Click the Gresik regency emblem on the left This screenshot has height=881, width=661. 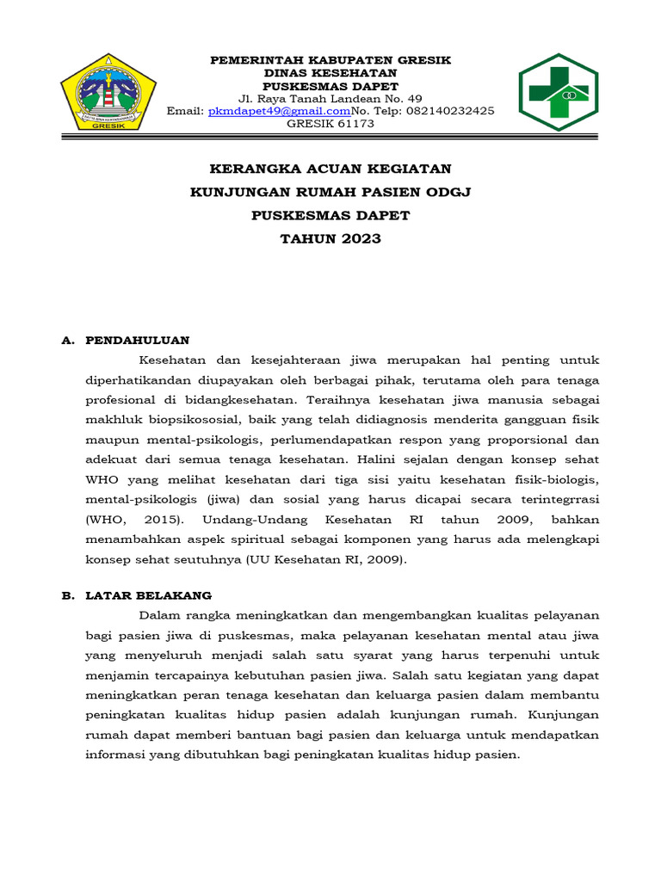[x=108, y=92]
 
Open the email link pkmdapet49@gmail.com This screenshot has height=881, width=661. [x=279, y=111]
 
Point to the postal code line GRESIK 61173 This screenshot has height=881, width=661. [x=330, y=123]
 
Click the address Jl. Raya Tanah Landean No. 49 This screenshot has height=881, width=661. [x=330, y=99]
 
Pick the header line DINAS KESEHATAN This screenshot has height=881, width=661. [x=330, y=73]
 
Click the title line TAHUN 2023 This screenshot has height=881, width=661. [x=330, y=238]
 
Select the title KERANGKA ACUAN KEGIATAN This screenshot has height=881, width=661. [x=330, y=169]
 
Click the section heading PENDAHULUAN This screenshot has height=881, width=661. [x=138, y=340]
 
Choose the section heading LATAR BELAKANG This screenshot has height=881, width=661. [x=148, y=595]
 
